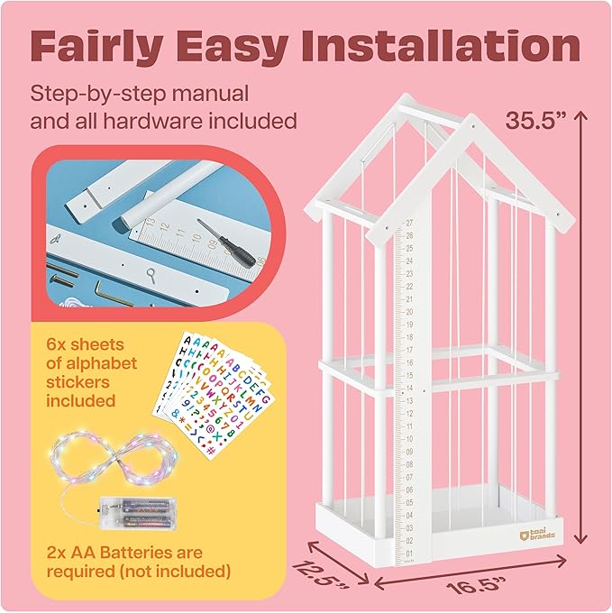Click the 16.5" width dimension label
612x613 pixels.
point(460,585)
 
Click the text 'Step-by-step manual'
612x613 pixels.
point(139,93)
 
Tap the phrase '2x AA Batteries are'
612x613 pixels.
point(126,553)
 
